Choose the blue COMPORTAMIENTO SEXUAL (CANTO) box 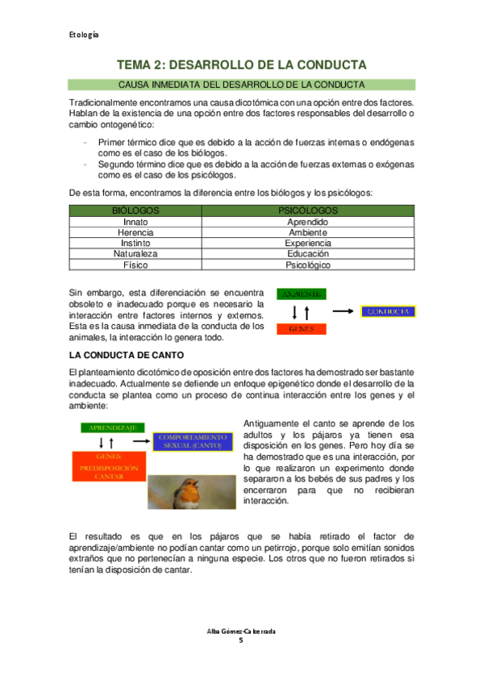(x=192, y=441)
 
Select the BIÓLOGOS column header (x=135, y=210)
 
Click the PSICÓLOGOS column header (x=307, y=210)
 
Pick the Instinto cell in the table (x=135, y=243)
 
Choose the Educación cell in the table (x=307, y=253)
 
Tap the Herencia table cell (x=135, y=231)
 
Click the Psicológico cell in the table (x=307, y=265)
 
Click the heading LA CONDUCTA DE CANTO (x=127, y=355)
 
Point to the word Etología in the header (x=83, y=35)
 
